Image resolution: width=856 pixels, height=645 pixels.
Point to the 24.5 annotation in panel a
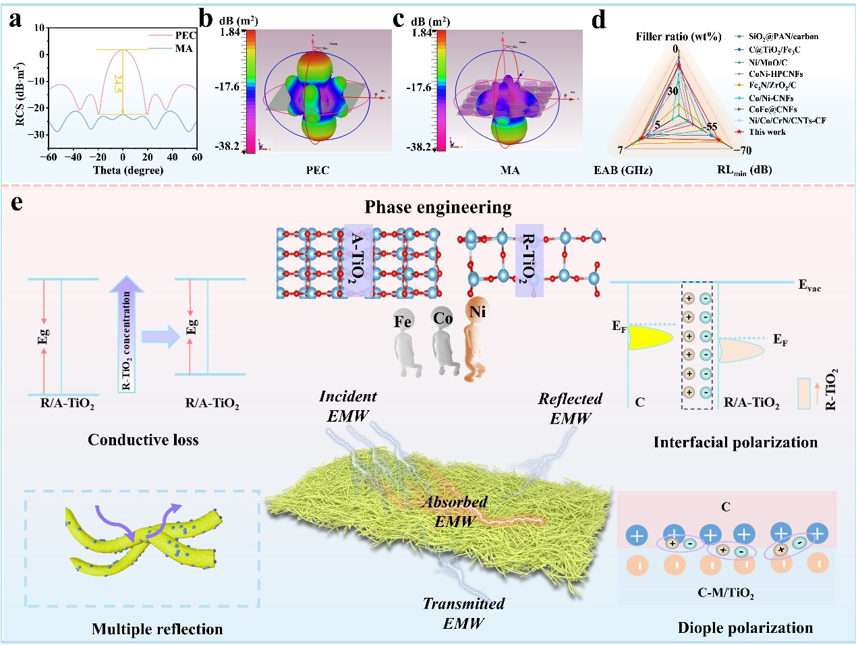tap(117, 84)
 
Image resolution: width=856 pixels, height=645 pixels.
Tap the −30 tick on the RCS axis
tap(36, 134)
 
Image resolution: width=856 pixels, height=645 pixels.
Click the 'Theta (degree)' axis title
tap(128, 170)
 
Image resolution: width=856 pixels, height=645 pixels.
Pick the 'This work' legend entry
tap(766, 132)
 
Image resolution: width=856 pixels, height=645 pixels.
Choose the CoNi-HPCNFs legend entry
tap(775, 74)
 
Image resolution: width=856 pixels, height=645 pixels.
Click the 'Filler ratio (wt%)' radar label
tap(678, 36)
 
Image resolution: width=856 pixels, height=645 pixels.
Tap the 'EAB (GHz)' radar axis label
tap(623, 170)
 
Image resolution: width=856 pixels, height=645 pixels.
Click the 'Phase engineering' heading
tap(438, 207)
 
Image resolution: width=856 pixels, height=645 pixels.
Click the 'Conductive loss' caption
tap(143, 440)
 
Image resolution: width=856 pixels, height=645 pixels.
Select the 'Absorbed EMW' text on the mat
tap(455, 511)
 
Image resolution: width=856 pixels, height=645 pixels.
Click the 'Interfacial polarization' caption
tap(735, 443)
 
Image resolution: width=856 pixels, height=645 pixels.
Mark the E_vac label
tap(809, 285)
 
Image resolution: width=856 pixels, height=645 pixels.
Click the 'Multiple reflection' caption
tap(157, 629)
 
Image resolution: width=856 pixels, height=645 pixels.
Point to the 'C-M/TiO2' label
tap(725, 592)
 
